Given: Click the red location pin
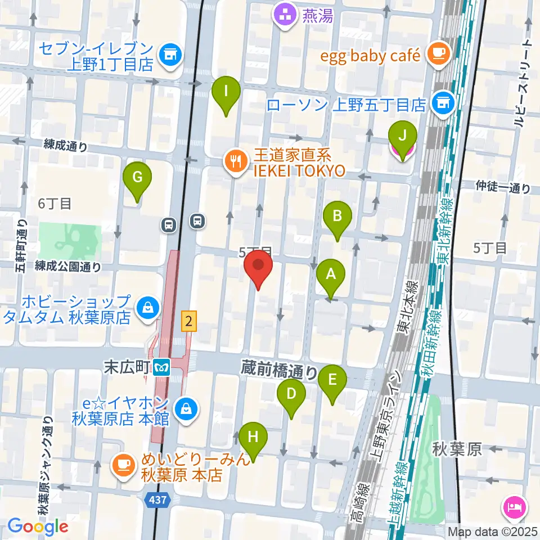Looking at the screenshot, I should pyautogui.click(x=258, y=270).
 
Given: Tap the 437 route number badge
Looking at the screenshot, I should pyautogui.click(x=159, y=499).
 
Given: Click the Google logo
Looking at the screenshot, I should pyautogui.click(x=38, y=526).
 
